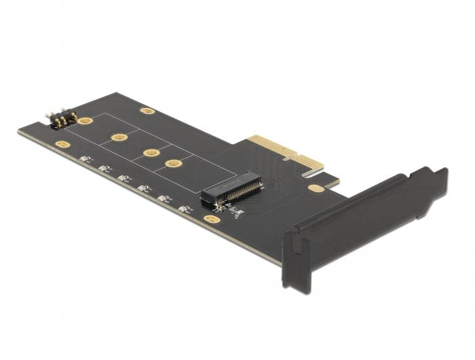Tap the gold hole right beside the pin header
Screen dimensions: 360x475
(x=85, y=122)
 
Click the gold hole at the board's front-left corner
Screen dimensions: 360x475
(x=62, y=144)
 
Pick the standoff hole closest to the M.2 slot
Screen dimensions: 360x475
(x=174, y=163)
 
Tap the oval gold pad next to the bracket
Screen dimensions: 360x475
(x=315, y=188)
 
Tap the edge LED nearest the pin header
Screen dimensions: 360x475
(x=84, y=160)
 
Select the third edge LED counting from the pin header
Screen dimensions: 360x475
(x=123, y=179)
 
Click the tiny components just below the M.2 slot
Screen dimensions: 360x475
(x=235, y=213)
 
